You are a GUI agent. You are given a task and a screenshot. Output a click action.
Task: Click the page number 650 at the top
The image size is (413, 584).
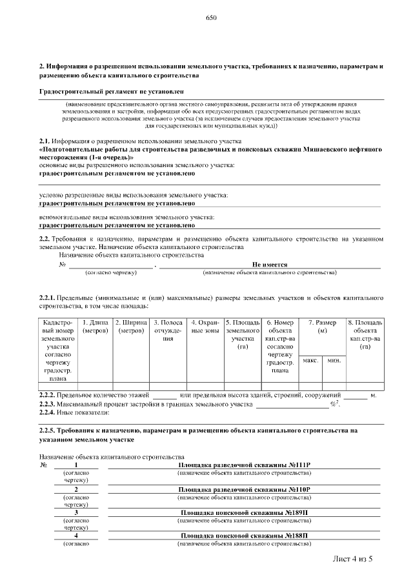point(211,19)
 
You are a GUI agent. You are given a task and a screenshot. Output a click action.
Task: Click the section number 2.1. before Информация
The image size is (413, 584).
point(45,140)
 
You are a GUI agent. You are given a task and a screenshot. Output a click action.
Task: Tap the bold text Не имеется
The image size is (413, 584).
point(269,265)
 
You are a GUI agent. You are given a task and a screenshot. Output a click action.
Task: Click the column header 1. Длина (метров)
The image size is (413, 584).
point(96,327)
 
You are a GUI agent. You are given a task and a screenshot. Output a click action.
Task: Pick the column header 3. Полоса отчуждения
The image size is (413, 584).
point(168,330)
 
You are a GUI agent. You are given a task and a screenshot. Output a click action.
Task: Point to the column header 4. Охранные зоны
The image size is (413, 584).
point(206,327)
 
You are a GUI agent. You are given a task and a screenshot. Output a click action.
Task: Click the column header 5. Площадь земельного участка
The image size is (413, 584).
point(243,334)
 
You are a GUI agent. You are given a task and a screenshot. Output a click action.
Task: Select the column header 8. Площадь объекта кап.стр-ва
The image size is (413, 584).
point(365,334)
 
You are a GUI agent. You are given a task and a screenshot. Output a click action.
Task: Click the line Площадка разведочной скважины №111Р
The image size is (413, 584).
point(244,465)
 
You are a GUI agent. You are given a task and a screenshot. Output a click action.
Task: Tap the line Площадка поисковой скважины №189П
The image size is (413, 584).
point(244,512)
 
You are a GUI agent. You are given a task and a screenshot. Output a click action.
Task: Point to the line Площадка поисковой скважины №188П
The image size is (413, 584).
point(244,536)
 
